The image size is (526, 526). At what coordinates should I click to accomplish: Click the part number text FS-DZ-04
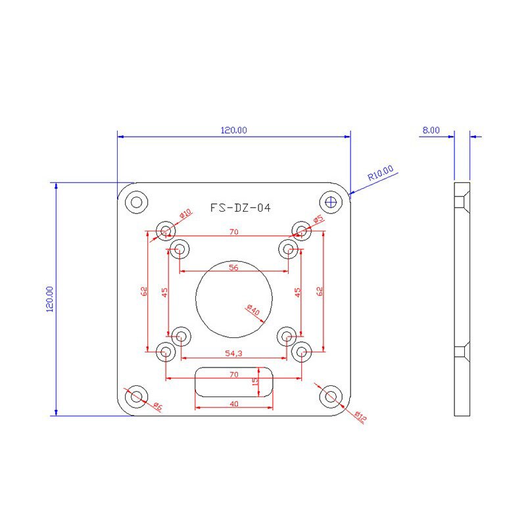tap(240, 208)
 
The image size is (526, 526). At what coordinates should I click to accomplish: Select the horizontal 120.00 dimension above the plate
tap(233, 130)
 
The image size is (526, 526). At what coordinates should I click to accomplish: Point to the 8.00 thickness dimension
tap(431, 130)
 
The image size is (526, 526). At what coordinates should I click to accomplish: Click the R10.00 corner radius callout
tap(380, 173)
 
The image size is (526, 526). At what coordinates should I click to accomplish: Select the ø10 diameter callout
tap(185, 214)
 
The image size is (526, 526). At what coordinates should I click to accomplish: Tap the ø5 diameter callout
tap(318, 219)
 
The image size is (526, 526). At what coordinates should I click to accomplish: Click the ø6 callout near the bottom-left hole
tap(157, 406)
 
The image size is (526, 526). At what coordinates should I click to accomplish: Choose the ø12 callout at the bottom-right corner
tap(360, 417)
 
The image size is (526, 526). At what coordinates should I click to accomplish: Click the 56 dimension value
tap(233, 267)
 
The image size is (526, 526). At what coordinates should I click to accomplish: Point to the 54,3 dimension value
tap(233, 353)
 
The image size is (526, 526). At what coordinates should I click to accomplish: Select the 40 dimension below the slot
tap(234, 404)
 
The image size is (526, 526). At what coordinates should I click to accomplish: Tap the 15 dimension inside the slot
tap(256, 381)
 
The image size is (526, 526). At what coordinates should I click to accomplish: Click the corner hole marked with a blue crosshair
tap(331, 201)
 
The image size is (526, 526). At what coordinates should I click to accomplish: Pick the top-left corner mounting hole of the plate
tap(137, 201)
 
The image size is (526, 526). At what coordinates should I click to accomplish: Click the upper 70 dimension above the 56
tap(233, 231)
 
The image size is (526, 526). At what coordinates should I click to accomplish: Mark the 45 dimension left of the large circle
tap(165, 291)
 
